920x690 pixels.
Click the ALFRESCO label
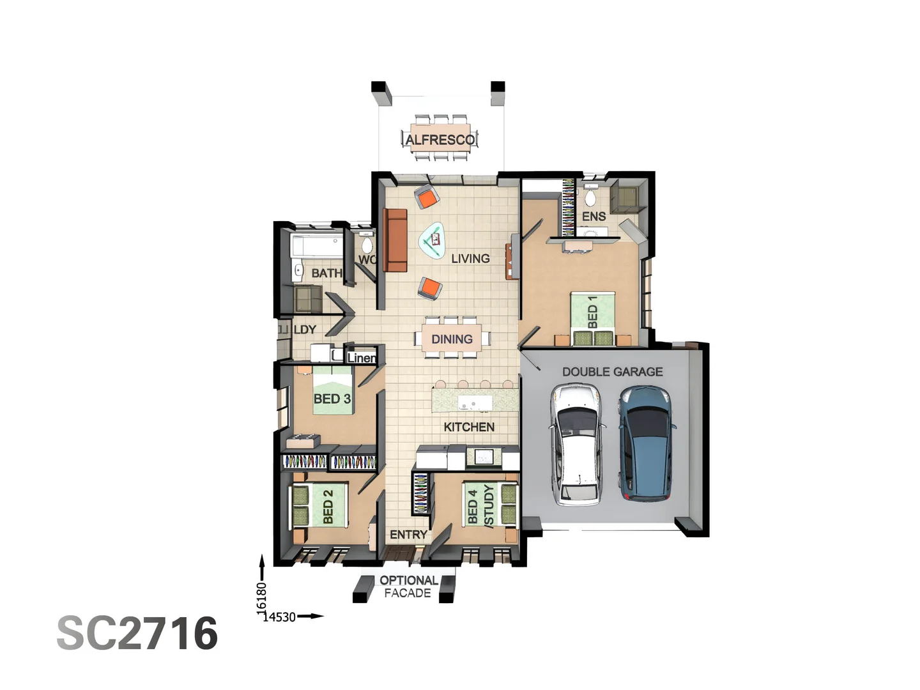click(440, 139)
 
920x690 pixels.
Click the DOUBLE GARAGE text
click(612, 372)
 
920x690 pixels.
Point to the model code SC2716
click(137, 633)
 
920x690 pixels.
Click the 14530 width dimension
click(280, 617)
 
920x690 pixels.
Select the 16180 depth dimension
click(261, 597)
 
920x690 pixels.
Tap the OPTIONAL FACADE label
click(408, 586)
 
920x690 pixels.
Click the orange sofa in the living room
click(395, 240)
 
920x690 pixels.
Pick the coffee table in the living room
click(433, 240)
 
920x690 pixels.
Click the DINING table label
click(452, 339)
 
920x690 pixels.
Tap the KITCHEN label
click(469, 427)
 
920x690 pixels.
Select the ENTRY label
click(408, 535)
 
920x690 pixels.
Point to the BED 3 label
click(332, 399)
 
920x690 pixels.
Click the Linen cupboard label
click(362, 358)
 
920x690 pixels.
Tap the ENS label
click(594, 217)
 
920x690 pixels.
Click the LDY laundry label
click(305, 330)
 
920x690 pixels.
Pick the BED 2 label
click(328, 506)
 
